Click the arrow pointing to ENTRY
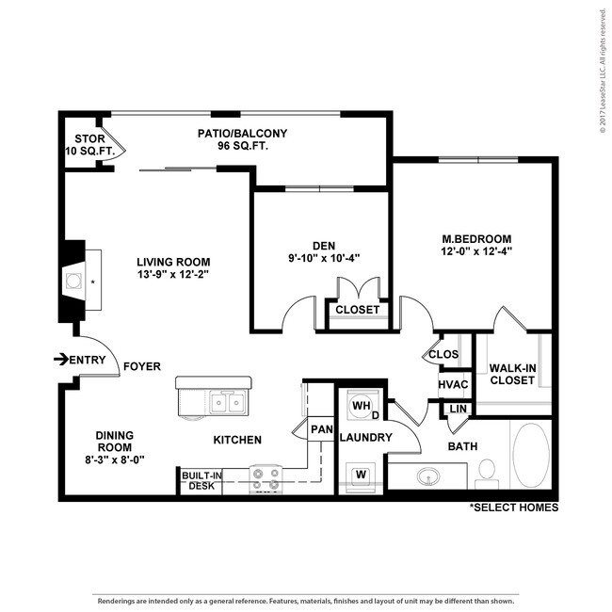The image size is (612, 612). pyautogui.click(x=61, y=360)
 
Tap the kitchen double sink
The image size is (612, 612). pyautogui.click(x=228, y=403)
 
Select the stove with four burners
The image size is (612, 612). pyautogui.click(x=266, y=479)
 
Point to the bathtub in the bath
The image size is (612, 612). pyautogui.click(x=531, y=455)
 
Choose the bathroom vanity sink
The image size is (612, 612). pyautogui.click(x=428, y=476)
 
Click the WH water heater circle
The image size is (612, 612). pyautogui.click(x=361, y=406)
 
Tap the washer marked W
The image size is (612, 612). pyautogui.click(x=361, y=475)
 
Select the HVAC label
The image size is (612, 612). pyautogui.click(x=453, y=384)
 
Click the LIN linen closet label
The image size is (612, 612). pyautogui.click(x=458, y=409)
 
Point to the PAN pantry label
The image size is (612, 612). pyautogui.click(x=322, y=429)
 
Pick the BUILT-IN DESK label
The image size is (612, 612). pyautogui.click(x=201, y=480)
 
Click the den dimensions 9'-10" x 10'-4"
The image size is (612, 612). pyautogui.click(x=324, y=258)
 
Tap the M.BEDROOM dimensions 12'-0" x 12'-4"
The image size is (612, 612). pyautogui.click(x=476, y=251)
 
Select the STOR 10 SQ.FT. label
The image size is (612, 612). pyautogui.click(x=90, y=145)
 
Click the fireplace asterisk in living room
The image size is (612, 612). pyautogui.click(x=93, y=282)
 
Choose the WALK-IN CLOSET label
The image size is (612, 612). pyautogui.click(x=512, y=374)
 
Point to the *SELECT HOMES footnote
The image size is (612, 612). pyautogui.click(x=514, y=507)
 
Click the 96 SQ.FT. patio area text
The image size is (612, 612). pyautogui.click(x=243, y=146)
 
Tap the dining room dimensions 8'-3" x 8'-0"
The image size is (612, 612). pyautogui.click(x=115, y=459)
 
